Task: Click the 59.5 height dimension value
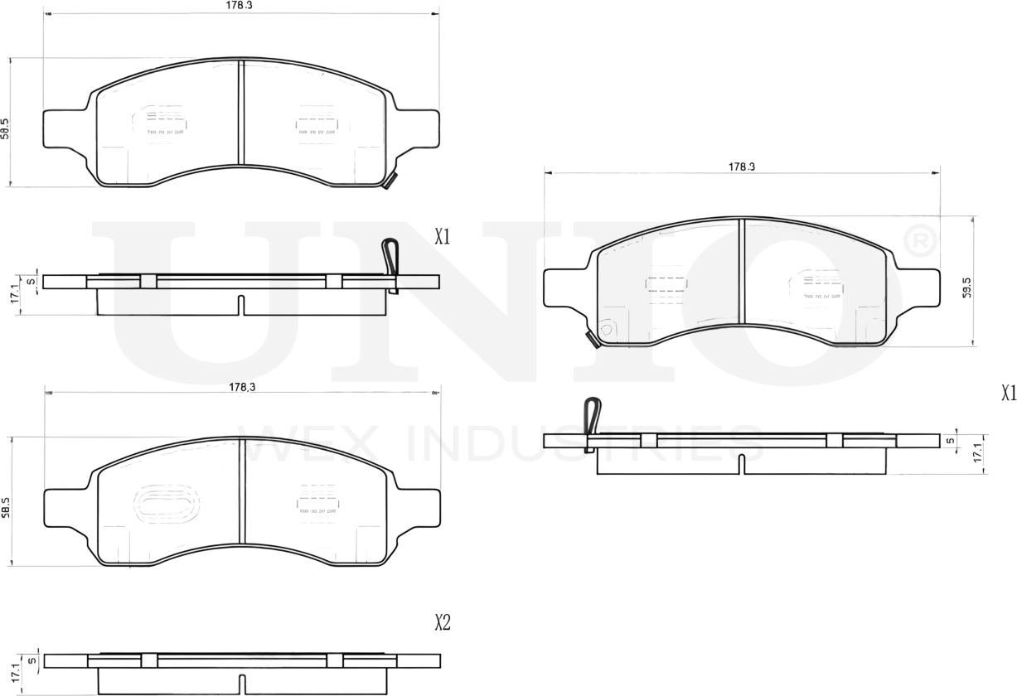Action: [966, 288]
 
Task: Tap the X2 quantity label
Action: [443, 622]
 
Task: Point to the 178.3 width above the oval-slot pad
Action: [241, 387]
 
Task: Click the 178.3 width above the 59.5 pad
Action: [741, 167]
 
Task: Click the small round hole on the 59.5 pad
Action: [605, 329]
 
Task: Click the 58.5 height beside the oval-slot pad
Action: [6, 507]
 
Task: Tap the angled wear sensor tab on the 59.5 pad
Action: [592, 339]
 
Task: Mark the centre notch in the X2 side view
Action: [242, 684]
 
